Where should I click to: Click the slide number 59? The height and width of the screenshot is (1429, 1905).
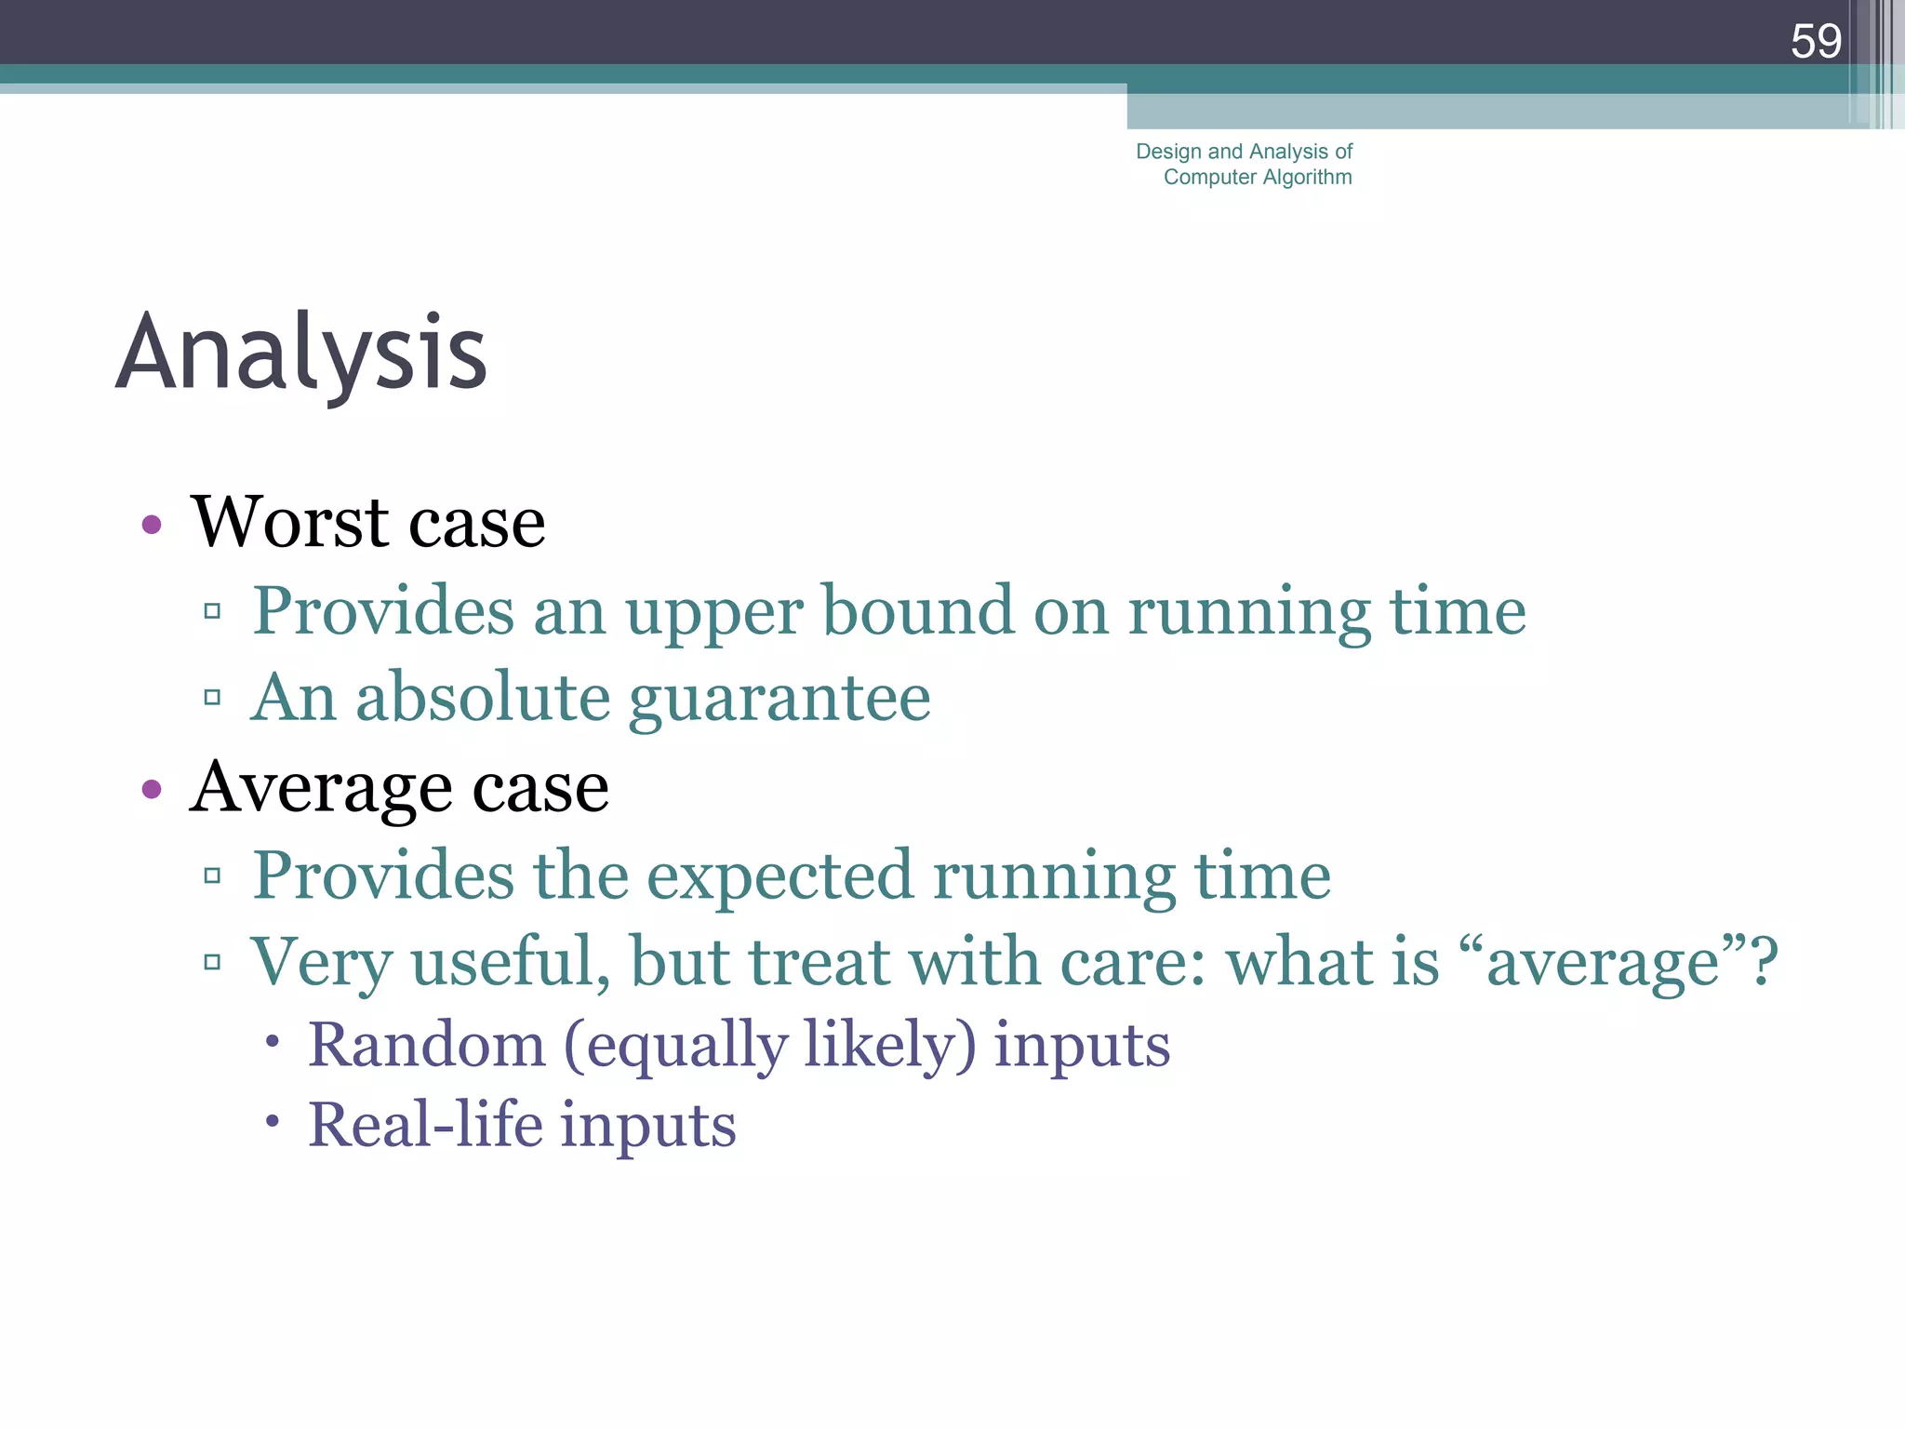click(1815, 42)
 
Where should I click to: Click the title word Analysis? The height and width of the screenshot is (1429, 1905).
click(301, 354)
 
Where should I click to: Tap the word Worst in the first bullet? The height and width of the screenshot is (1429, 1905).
click(289, 522)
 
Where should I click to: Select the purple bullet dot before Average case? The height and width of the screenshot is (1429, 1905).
click(152, 790)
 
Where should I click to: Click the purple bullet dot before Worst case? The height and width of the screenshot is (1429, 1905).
click(152, 525)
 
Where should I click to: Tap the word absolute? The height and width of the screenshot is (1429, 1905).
click(483, 698)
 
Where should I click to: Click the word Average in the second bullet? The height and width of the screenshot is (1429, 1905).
click(320, 788)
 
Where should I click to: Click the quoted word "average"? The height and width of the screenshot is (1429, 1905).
click(1604, 962)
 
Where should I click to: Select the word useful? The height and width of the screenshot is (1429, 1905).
click(511, 962)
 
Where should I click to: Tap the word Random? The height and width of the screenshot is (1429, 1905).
click(427, 1045)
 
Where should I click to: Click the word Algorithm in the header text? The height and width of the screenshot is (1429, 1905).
click(1307, 177)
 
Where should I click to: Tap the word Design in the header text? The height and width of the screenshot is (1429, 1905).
click(1168, 152)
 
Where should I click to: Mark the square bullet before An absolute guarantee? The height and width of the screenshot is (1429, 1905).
click(212, 697)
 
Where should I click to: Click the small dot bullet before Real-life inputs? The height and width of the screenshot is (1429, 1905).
click(272, 1121)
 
